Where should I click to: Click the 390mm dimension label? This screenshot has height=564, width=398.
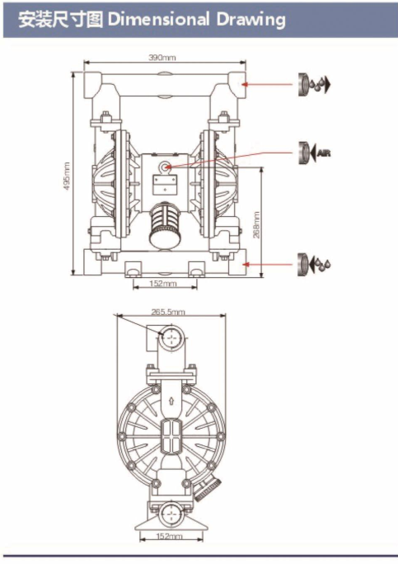pyautogui.click(x=162, y=57)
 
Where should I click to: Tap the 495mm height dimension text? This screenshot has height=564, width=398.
pyautogui.click(x=68, y=176)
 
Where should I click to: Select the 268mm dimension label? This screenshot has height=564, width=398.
pyautogui.click(x=256, y=225)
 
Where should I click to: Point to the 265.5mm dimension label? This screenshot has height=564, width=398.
pyautogui.click(x=168, y=312)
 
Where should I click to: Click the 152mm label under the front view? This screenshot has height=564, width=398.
pyautogui.click(x=163, y=284)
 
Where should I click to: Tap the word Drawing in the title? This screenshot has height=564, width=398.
pyautogui.click(x=251, y=20)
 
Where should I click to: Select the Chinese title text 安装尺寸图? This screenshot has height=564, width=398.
pyautogui.click(x=60, y=20)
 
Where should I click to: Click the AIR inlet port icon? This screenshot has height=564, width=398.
pyautogui.click(x=314, y=153)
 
